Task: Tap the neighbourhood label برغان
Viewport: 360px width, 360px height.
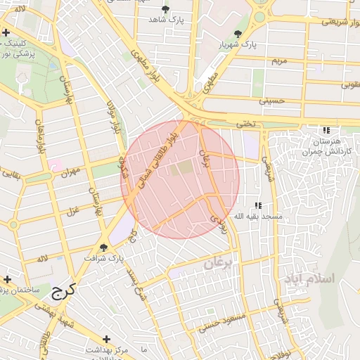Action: [x=222, y=264]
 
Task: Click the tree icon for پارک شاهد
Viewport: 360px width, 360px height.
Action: [x=165, y=9]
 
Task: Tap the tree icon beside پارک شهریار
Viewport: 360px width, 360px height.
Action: [x=238, y=34]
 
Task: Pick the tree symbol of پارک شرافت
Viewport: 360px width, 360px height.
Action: [x=104, y=247]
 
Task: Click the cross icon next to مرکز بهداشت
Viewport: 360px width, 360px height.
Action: [x=107, y=339]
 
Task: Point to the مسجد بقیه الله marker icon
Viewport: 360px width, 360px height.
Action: [x=258, y=205]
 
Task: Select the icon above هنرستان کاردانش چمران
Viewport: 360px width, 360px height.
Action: [x=325, y=131]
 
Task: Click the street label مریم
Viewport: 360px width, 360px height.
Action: [x=279, y=61]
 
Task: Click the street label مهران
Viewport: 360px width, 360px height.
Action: [x=71, y=171]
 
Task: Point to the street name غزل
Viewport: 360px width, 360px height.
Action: [x=72, y=210]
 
